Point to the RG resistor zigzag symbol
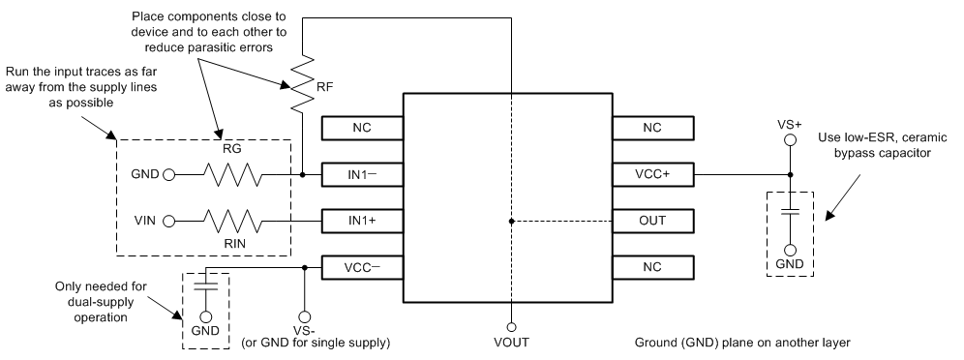pyautogui.click(x=230, y=175)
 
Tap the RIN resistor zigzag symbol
pyautogui.click(x=230, y=221)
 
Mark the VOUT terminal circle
pyautogui.click(x=510, y=326)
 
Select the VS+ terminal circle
pyautogui.click(x=789, y=140)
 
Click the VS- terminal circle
pyautogui.click(x=305, y=315)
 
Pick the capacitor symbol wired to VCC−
pyautogui.click(x=206, y=285)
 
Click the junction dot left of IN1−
pyautogui.click(x=303, y=175)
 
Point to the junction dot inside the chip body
pyautogui.click(x=510, y=221)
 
